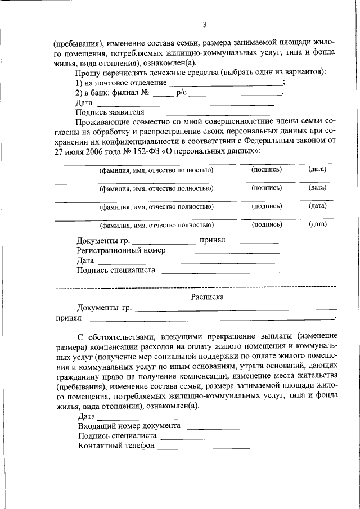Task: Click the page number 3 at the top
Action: pyautogui.click(x=205, y=24)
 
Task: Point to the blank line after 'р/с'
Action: pyautogui.click(x=235, y=94)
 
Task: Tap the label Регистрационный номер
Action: pyautogui.click(x=121, y=250)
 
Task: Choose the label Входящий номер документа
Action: pyautogui.click(x=129, y=426)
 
